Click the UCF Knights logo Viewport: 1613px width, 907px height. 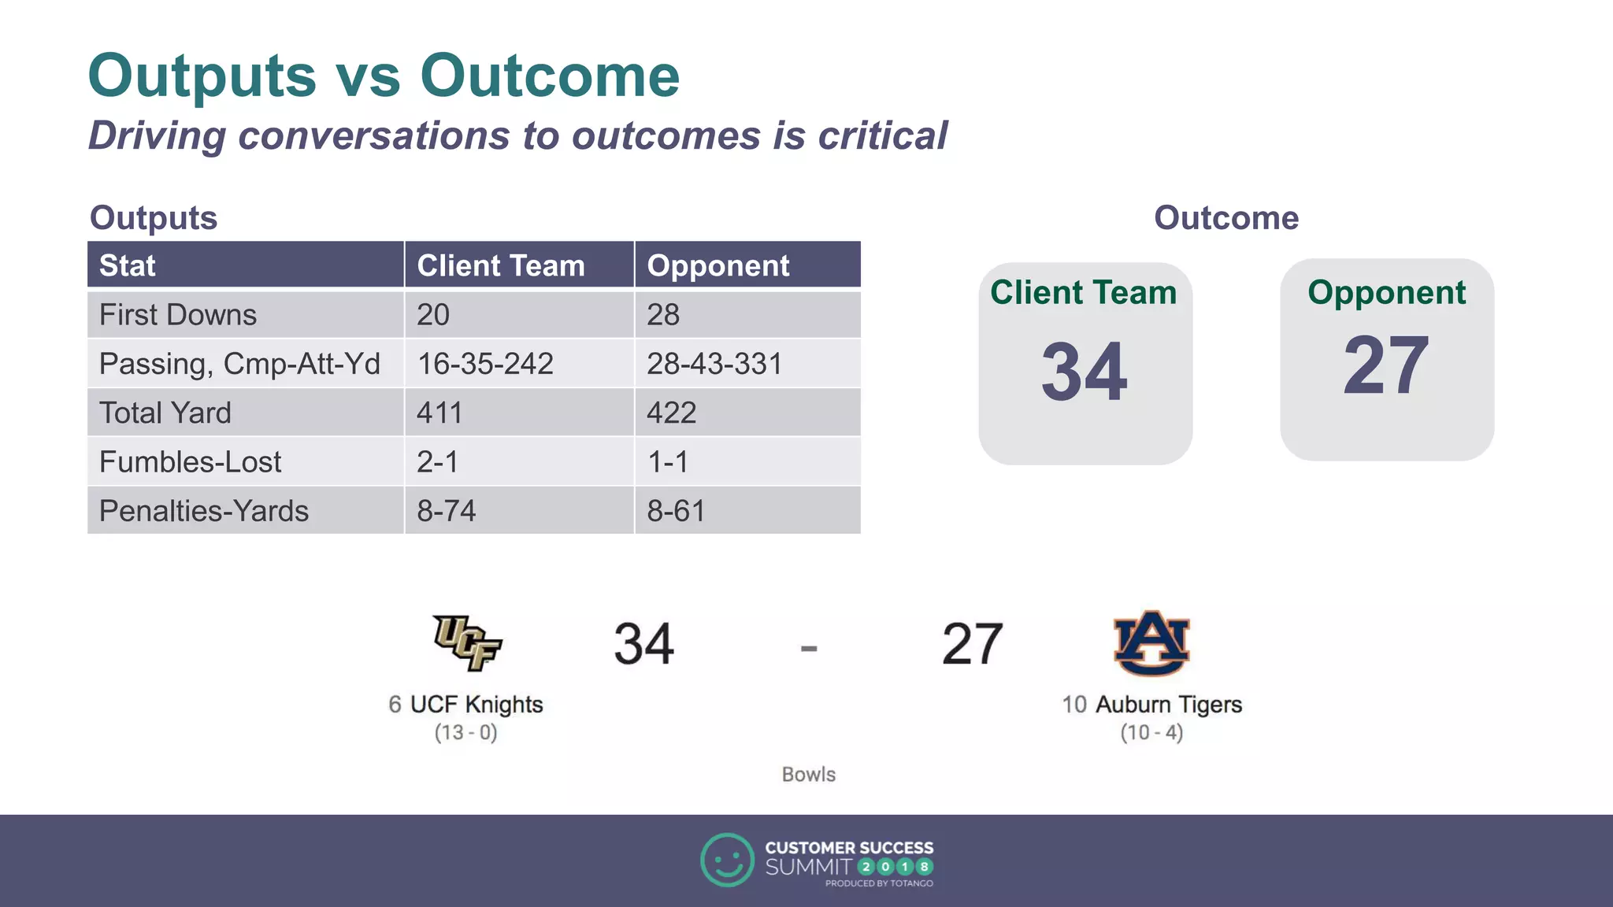click(x=467, y=642)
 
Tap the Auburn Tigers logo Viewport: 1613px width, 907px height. click(x=1151, y=642)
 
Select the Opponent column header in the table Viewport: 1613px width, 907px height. click(x=718, y=265)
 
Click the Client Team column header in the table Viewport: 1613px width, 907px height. click(x=500, y=265)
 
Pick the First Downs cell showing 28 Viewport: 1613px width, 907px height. click(x=663, y=315)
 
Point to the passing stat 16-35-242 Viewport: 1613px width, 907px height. click(x=485, y=364)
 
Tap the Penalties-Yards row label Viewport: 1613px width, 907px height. click(x=204, y=511)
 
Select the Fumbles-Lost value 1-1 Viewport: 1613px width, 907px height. click(x=668, y=462)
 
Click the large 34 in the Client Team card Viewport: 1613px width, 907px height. click(x=1084, y=372)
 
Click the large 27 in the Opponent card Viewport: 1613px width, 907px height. click(x=1385, y=365)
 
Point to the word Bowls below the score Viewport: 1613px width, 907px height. click(x=808, y=775)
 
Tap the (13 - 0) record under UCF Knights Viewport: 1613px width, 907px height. click(x=465, y=733)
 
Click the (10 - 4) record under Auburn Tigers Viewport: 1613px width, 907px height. click(x=1151, y=733)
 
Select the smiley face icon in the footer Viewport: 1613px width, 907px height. click(x=727, y=860)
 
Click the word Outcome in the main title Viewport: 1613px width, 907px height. click(x=549, y=76)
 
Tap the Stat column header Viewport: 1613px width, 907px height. click(x=128, y=265)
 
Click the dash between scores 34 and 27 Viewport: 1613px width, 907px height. click(x=809, y=649)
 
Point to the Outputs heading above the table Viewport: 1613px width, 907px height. click(x=154, y=218)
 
